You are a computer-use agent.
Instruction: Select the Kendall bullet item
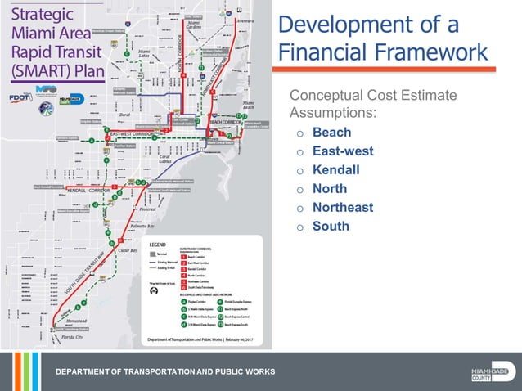[x=335, y=170]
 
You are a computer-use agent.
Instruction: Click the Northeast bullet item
[x=342, y=208]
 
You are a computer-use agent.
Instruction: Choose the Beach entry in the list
[x=331, y=133]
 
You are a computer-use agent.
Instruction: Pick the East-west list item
[x=343, y=151]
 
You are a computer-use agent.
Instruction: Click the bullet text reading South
[x=331, y=227]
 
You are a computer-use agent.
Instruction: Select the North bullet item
[x=330, y=189]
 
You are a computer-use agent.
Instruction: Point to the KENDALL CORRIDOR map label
[x=89, y=190]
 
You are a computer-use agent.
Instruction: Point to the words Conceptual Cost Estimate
[x=372, y=97]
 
